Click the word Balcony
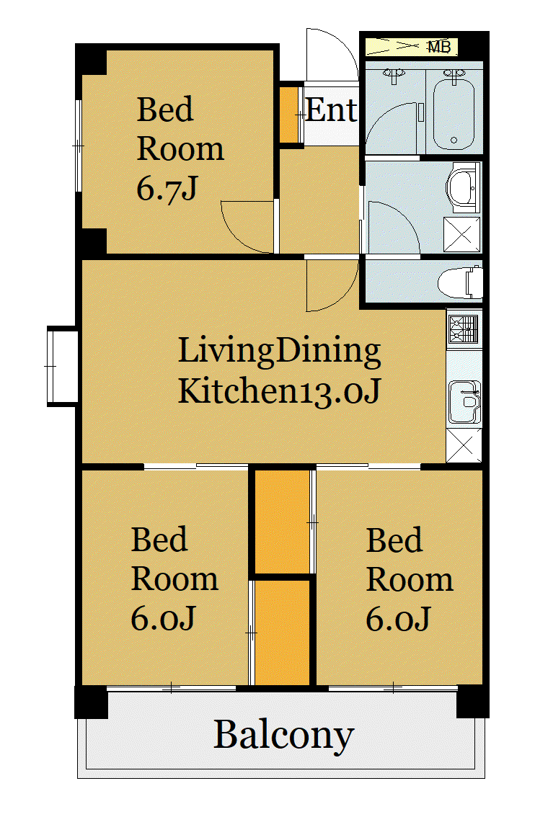point(283,736)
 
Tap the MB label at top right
point(438,47)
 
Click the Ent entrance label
point(331,110)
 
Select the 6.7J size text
point(167,189)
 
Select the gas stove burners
point(464,329)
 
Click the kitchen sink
point(464,402)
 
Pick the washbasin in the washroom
point(462,187)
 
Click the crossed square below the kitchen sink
point(464,445)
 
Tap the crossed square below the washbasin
point(461,234)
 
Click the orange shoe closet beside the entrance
point(288,115)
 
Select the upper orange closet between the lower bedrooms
point(282,522)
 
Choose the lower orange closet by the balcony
point(282,633)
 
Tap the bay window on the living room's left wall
point(63,366)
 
